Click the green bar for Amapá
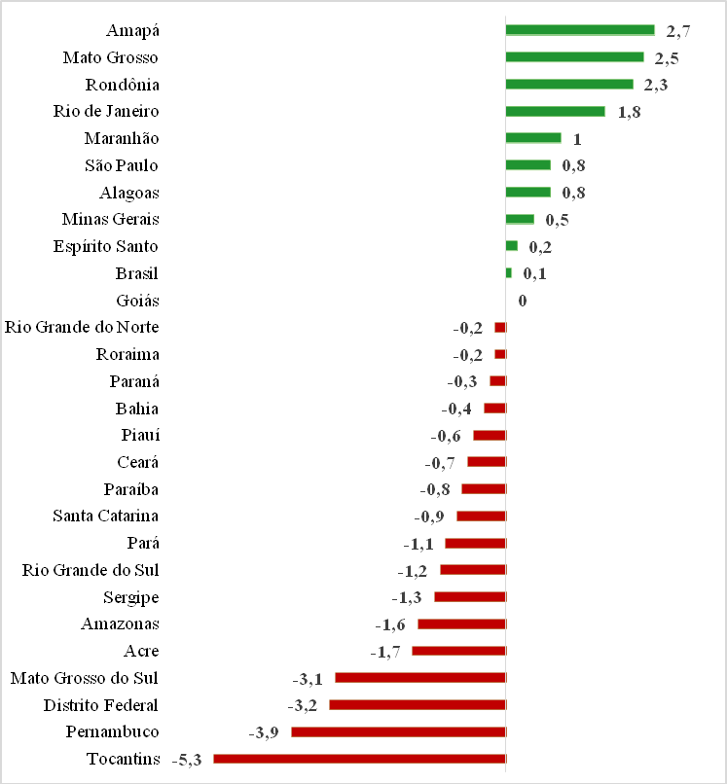click(x=580, y=30)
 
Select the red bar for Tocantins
click(x=359, y=759)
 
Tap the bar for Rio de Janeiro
click(x=555, y=111)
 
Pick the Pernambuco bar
click(x=398, y=731)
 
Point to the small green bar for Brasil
click(x=509, y=273)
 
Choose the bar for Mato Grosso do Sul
click(x=420, y=678)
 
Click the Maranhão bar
click(x=533, y=138)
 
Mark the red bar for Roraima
click(x=500, y=354)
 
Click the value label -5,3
click(x=186, y=760)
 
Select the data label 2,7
click(x=678, y=31)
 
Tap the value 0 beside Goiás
click(x=523, y=301)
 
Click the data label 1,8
click(x=629, y=112)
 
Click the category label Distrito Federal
click(x=101, y=704)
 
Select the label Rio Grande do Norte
click(x=82, y=327)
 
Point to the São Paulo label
click(x=121, y=165)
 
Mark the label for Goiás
click(x=137, y=301)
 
